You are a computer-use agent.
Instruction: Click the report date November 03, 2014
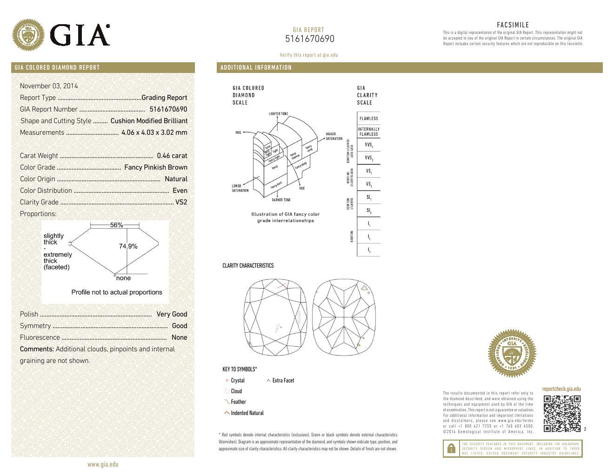49,86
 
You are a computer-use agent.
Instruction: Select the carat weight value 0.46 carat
172,156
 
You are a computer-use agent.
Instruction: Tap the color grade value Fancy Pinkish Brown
156,167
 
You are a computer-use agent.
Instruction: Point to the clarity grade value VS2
181,202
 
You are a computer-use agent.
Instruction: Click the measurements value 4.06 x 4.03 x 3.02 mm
154,132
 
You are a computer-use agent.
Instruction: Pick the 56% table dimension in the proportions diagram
116,225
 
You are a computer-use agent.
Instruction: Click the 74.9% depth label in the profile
128,246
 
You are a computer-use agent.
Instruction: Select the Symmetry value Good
180,326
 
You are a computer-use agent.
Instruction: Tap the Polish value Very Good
172,314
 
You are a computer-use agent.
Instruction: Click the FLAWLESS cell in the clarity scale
368,118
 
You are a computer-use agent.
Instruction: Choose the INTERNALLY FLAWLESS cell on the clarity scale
368,132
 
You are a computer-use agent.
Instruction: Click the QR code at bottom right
562,413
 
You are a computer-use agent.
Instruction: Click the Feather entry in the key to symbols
238,402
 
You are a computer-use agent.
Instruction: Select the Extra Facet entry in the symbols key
283,381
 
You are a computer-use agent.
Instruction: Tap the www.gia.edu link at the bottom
103,464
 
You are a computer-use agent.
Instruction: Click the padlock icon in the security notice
451,448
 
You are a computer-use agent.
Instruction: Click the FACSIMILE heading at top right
513,25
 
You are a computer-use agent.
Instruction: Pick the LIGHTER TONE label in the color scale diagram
278,114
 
